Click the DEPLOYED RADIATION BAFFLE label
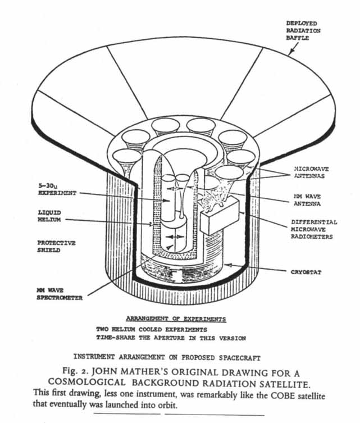(303, 31)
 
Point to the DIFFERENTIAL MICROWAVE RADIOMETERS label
(314, 229)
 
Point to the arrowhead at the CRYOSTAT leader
(229, 264)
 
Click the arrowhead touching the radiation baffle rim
(291, 53)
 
